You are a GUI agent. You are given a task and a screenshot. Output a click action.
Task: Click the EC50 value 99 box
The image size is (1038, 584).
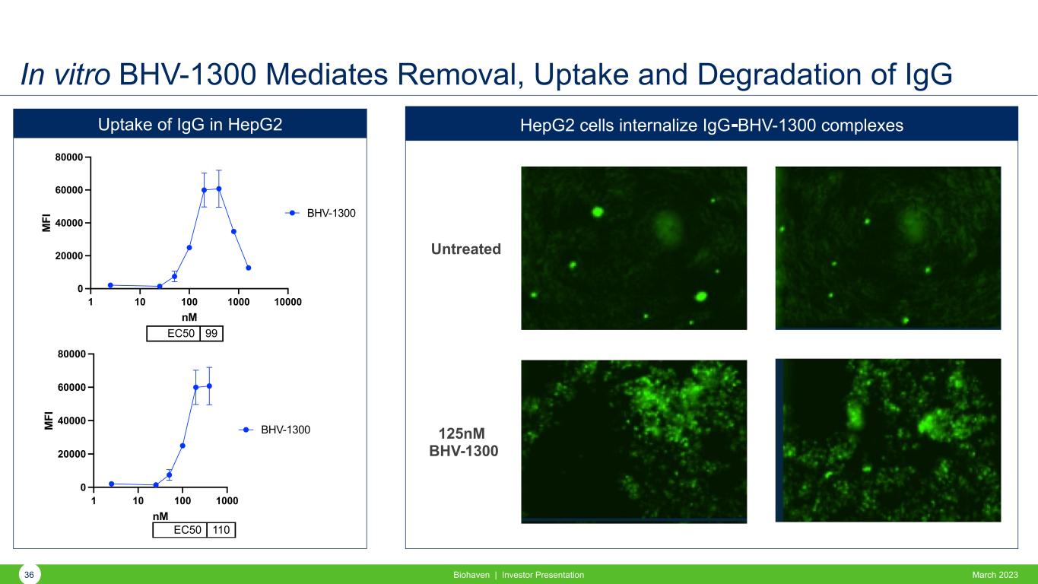pyautogui.click(x=211, y=334)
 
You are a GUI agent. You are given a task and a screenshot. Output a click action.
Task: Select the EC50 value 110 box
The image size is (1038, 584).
pyautogui.click(x=221, y=530)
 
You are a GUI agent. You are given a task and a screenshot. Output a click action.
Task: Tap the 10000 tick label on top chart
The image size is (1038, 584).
pyautogui.click(x=287, y=302)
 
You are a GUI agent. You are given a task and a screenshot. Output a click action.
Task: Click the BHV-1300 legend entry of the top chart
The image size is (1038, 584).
pyautogui.click(x=320, y=213)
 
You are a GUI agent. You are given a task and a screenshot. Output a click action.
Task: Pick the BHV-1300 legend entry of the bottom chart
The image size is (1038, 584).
pyautogui.click(x=275, y=430)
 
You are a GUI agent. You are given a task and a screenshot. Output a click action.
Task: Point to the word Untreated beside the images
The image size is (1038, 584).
pyautogui.click(x=465, y=249)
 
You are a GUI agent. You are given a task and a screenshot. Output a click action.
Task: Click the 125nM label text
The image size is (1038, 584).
pyautogui.click(x=462, y=433)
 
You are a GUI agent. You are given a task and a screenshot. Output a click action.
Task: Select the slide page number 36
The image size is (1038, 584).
pyautogui.click(x=29, y=575)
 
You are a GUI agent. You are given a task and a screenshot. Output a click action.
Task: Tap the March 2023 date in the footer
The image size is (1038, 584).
pyautogui.click(x=995, y=575)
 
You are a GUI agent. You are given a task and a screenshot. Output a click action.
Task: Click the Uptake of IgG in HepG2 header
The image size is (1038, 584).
pyautogui.click(x=190, y=124)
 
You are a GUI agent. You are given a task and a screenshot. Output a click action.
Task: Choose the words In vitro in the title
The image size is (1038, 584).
pyautogui.click(x=65, y=75)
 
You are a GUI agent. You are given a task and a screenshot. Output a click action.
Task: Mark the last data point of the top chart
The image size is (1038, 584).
pyautogui.click(x=249, y=268)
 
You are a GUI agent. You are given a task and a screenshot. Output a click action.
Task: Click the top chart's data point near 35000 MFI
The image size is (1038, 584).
pyautogui.click(x=233, y=231)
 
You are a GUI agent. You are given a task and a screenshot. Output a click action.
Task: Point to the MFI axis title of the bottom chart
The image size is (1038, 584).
pyautogui.click(x=49, y=421)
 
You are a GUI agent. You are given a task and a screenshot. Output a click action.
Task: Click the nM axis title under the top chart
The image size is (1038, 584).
pyautogui.click(x=189, y=318)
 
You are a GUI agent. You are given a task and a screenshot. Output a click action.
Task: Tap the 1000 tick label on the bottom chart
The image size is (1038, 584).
pyautogui.click(x=227, y=501)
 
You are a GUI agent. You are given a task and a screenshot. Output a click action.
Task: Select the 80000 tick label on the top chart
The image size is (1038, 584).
pyautogui.click(x=69, y=157)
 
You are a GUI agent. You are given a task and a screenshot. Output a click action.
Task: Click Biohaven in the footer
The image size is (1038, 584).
pyautogui.click(x=471, y=575)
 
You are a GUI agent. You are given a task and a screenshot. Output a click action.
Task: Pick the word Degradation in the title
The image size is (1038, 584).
pyautogui.click(x=779, y=75)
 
